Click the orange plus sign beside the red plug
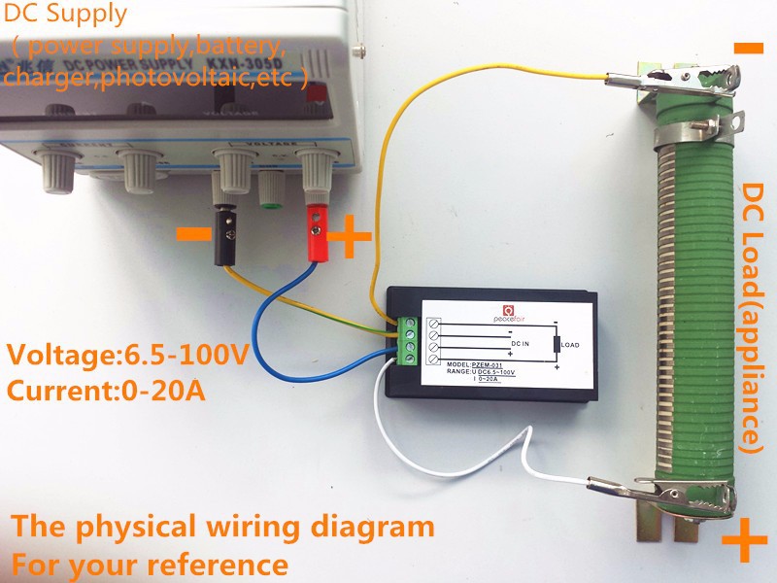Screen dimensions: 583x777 point(353,234)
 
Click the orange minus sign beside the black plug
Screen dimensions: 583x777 point(192,233)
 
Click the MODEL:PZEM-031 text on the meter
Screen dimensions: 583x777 point(484,363)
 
